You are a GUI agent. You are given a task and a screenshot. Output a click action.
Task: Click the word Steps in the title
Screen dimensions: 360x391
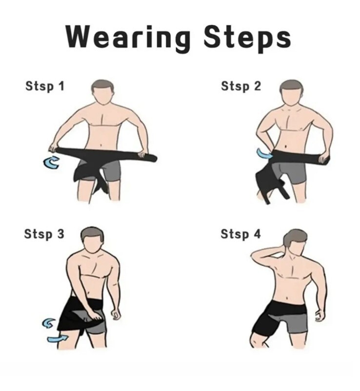click(247, 38)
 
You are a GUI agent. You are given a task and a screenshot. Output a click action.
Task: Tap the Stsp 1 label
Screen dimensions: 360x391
click(45, 86)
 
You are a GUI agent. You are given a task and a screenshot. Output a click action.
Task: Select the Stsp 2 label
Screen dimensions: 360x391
click(241, 86)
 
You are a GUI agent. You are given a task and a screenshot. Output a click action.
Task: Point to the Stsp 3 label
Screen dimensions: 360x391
click(44, 234)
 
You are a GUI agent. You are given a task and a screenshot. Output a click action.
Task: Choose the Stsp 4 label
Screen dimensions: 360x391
click(240, 234)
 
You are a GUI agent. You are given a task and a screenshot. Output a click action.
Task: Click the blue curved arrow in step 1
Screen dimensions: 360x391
click(52, 162)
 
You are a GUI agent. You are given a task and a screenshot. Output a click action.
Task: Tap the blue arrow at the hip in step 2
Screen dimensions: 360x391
click(264, 154)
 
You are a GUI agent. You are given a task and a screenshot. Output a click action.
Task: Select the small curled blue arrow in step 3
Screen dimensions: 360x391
click(48, 323)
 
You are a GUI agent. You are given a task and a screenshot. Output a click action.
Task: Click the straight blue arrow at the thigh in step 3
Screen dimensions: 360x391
click(58, 339)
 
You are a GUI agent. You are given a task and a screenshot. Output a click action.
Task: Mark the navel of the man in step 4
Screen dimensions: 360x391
click(287, 297)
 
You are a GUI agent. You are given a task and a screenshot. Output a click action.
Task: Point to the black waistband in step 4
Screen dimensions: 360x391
click(289, 307)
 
